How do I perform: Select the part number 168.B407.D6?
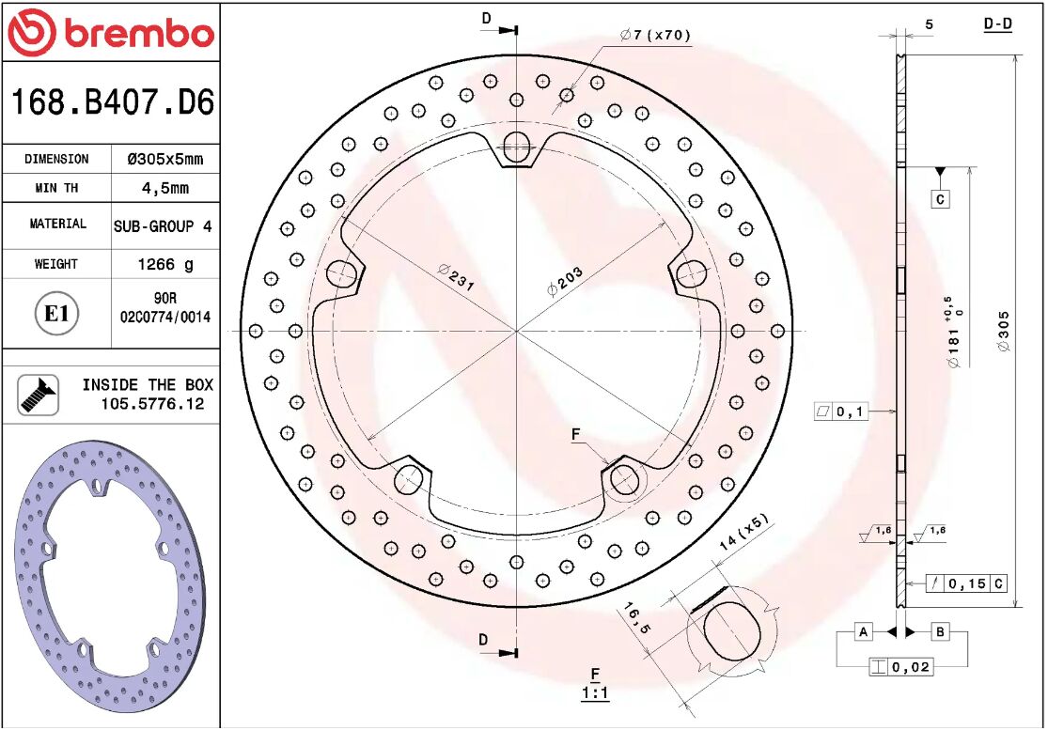tap(111, 101)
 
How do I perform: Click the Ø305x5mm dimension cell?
tap(164, 159)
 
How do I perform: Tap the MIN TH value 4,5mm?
tap(164, 188)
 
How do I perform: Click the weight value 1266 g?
tap(164, 265)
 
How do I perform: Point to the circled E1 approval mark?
tap(56, 313)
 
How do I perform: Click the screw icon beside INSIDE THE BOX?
tap(38, 395)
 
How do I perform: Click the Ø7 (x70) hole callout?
tap(655, 36)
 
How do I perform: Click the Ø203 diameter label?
tap(566, 281)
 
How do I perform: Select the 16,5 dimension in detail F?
tap(635, 620)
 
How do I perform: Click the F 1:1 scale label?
tap(595, 683)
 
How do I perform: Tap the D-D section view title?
tap(997, 24)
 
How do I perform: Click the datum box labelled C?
tap(940, 199)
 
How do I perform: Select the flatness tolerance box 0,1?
tap(841, 412)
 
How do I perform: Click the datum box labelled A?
tap(864, 631)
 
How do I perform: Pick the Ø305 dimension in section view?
tap(1003, 331)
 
